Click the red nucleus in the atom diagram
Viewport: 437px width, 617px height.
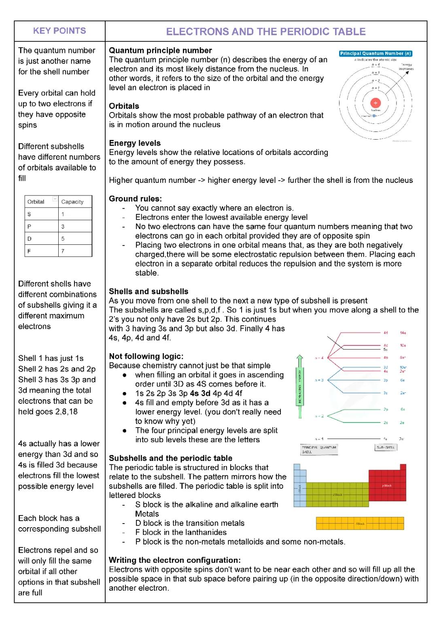coord(375,103)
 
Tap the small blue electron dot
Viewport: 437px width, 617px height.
coord(374,116)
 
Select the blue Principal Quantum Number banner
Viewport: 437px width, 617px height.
coord(375,53)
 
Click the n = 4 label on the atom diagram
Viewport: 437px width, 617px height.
coord(375,65)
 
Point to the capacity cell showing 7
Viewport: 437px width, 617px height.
coord(63,251)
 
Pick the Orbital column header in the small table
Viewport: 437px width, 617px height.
coord(36,201)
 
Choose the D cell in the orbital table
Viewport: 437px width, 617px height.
coord(29,239)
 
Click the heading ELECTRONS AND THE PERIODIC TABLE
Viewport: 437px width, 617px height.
coord(266,32)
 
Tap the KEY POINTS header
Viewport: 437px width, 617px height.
coord(59,31)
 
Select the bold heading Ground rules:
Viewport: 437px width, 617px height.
coord(135,199)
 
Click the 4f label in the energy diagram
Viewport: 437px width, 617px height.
coord(386,333)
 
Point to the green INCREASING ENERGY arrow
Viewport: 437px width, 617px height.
coord(300,384)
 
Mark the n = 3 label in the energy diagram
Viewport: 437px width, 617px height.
coord(319,380)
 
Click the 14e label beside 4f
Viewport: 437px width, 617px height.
coord(403,333)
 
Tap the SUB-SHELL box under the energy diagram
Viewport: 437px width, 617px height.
coord(385,447)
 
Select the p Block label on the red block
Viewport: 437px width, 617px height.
coord(387,486)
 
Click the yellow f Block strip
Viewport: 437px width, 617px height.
coord(360,524)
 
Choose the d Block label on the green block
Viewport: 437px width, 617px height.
coord(337,494)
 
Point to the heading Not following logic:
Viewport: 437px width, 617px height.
coord(146,356)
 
